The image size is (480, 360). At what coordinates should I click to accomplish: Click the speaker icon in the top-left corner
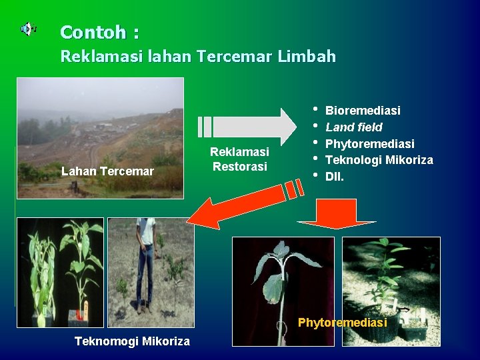[x=27, y=29]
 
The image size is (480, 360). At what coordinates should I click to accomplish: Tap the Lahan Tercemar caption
[x=107, y=171]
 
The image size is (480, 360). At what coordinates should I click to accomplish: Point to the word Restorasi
[x=239, y=166]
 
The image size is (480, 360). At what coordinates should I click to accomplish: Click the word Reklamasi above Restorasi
[x=239, y=153]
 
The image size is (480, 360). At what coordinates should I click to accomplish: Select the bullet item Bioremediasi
[x=363, y=110]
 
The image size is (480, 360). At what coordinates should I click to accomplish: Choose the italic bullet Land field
[x=353, y=127]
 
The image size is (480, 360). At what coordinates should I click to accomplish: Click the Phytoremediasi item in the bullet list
[x=369, y=143]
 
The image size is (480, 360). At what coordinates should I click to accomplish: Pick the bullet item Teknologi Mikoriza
[x=379, y=160]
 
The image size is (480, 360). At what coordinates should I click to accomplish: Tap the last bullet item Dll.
[x=335, y=177]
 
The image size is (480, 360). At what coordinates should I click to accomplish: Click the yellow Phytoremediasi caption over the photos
[x=342, y=323]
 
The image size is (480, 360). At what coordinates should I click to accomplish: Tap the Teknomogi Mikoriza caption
[x=132, y=341]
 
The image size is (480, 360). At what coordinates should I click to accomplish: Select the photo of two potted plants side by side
[x=60, y=272]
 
